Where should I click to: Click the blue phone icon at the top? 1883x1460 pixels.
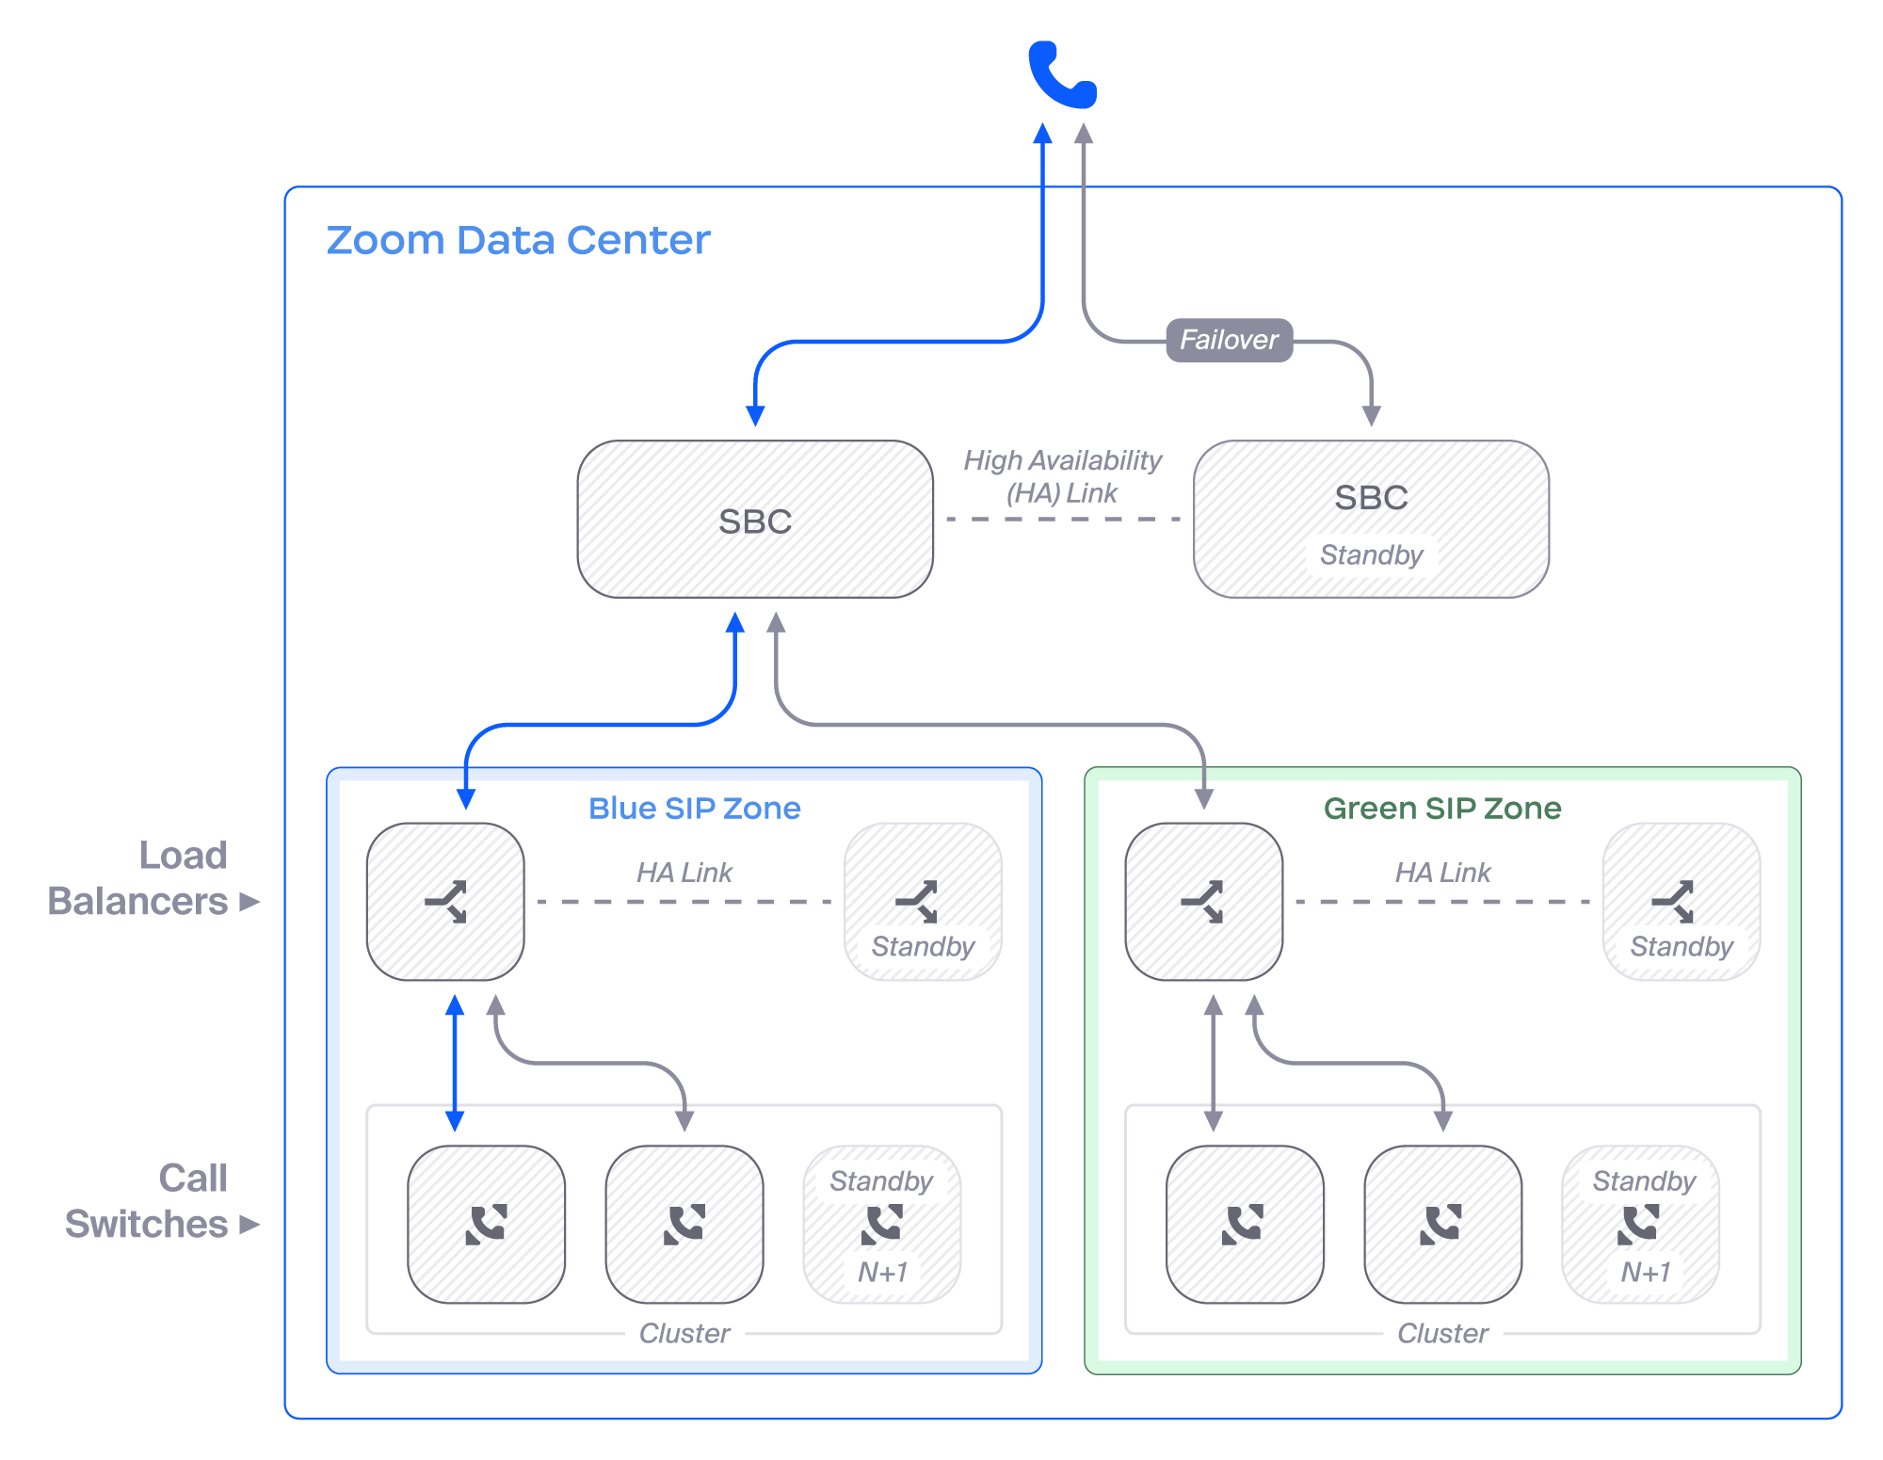tap(1062, 75)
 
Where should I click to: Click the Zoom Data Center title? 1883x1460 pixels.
tap(518, 240)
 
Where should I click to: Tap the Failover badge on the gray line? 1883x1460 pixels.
tap(1229, 340)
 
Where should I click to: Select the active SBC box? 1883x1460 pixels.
tap(755, 520)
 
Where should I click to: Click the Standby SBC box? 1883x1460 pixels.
tap(1371, 520)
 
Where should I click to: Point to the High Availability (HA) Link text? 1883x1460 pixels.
tap(1062, 476)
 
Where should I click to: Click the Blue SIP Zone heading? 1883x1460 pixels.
tap(694, 809)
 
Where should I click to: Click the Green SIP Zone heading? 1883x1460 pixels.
tap(1442, 809)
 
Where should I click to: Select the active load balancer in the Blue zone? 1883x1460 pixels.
tap(445, 902)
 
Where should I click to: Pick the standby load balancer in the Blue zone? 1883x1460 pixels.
tap(923, 902)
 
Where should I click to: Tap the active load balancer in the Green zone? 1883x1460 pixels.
tap(1203, 902)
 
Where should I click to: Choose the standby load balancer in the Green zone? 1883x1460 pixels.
tap(1682, 902)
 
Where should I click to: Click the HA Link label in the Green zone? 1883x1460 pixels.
tap(1442, 873)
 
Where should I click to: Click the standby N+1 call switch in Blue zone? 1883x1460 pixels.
tap(882, 1224)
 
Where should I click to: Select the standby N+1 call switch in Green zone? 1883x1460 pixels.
tap(1640, 1224)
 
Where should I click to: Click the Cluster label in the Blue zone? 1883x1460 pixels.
tap(684, 1333)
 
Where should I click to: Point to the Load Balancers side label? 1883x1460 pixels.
tap(151, 878)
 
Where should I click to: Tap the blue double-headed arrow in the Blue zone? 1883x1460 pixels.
tap(455, 1064)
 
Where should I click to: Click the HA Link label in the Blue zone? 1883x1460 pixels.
tap(684, 873)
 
